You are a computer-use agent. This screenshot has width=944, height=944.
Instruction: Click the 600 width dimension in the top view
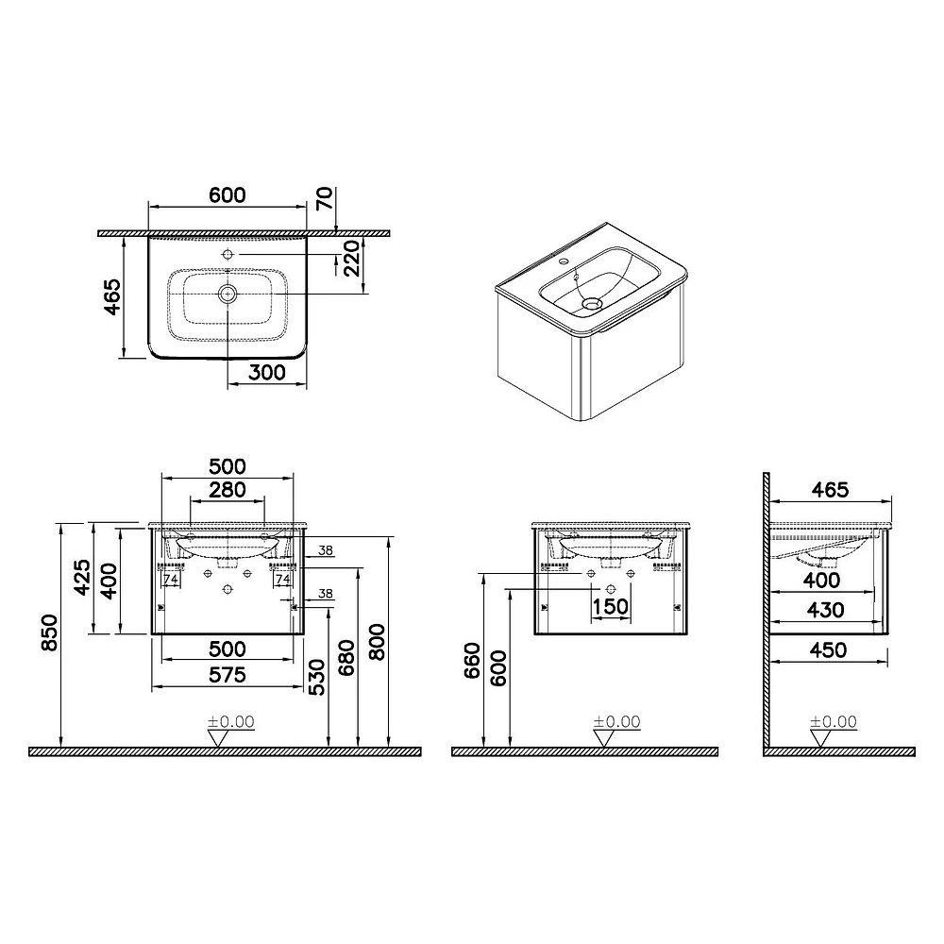228,195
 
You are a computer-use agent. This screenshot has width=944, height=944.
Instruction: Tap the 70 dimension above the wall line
325,198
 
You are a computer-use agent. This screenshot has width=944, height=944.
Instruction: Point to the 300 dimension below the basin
267,373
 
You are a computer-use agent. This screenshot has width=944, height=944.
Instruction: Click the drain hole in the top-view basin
228,294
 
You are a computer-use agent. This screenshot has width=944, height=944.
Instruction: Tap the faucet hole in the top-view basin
228,254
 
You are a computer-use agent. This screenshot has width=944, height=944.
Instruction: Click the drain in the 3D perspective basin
593,304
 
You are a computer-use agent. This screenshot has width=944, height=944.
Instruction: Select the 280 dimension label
227,489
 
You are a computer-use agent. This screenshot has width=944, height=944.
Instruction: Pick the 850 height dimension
49,632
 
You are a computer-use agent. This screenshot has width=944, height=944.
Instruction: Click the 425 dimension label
82,578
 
